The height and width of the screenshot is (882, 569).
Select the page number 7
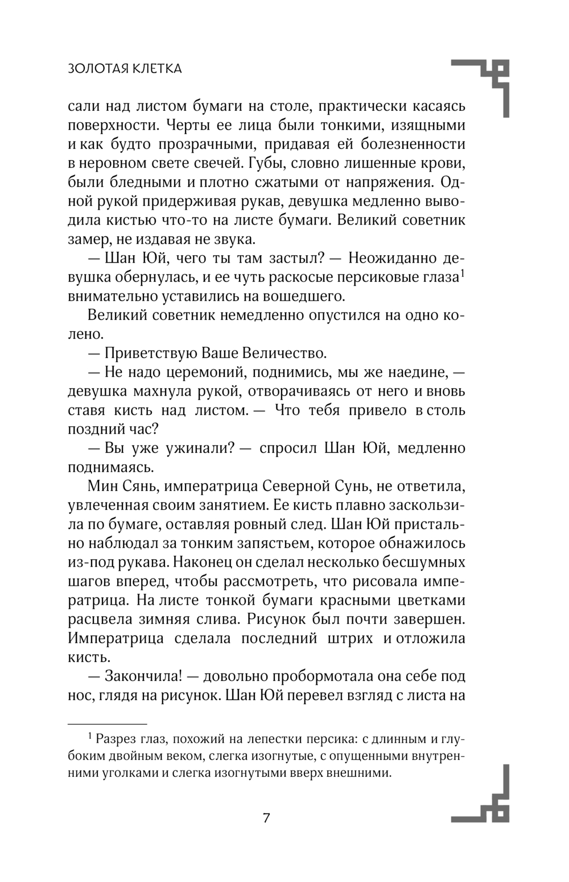tap(266, 818)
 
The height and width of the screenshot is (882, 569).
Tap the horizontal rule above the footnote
tap(107, 724)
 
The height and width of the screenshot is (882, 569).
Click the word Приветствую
tap(151, 353)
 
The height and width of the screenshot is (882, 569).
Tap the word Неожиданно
tap(393, 259)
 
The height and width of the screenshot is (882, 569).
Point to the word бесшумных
tap(427, 562)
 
